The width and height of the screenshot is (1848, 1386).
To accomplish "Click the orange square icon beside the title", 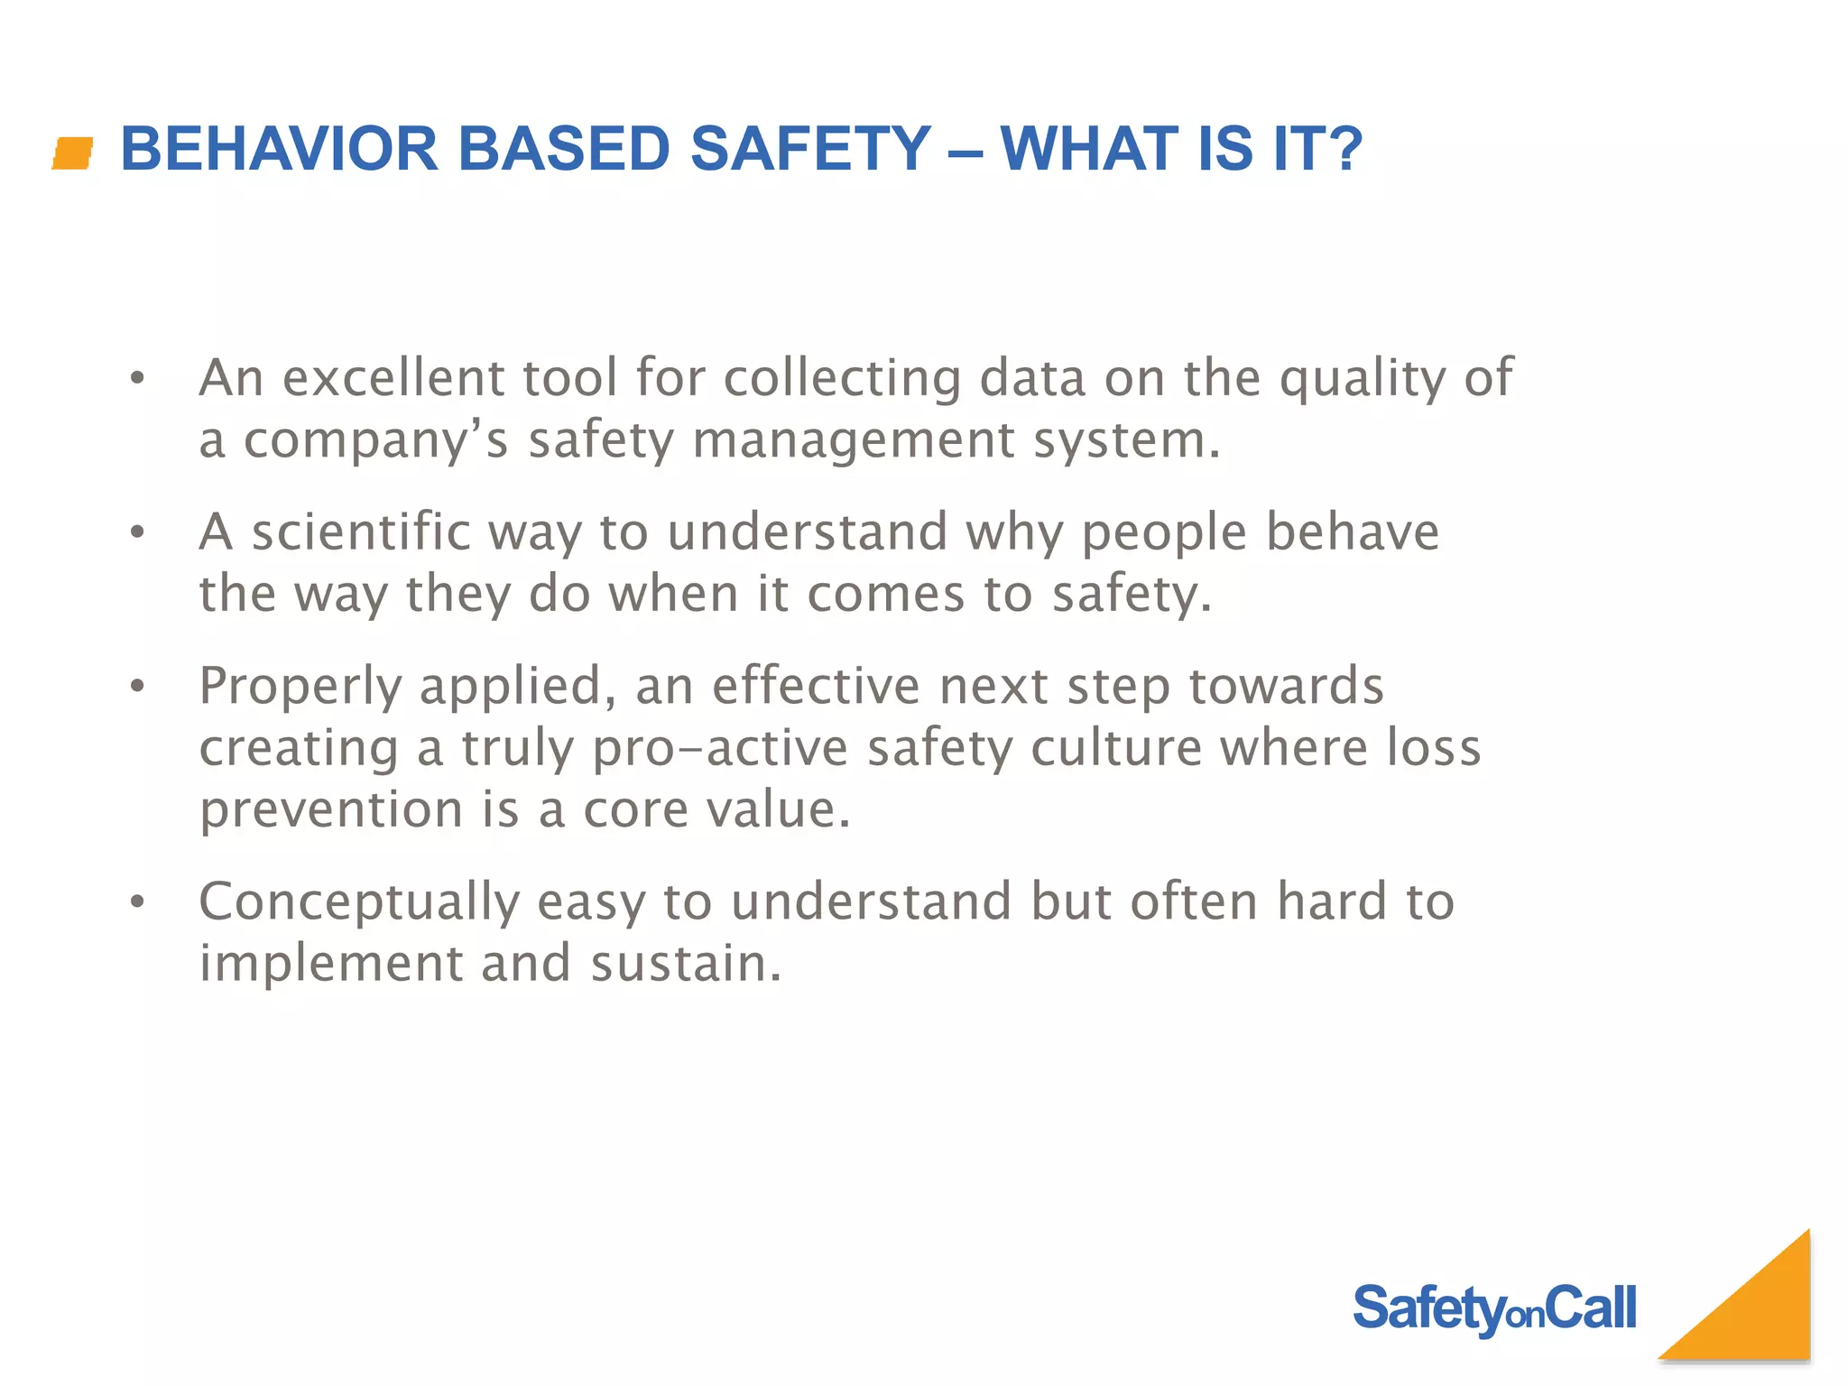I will (x=72, y=152).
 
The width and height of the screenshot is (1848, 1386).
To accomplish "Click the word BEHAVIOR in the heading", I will (x=279, y=149).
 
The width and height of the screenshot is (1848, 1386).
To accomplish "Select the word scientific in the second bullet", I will (x=361, y=531).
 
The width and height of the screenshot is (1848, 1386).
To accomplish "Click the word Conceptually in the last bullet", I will (x=359, y=902).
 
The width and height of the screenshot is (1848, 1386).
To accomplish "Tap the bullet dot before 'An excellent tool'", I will (x=137, y=378).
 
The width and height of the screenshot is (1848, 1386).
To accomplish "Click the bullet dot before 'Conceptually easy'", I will (x=137, y=901).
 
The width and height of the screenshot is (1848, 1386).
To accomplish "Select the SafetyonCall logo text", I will (x=1494, y=1308).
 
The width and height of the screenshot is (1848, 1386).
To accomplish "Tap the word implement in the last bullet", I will (x=330, y=964).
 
